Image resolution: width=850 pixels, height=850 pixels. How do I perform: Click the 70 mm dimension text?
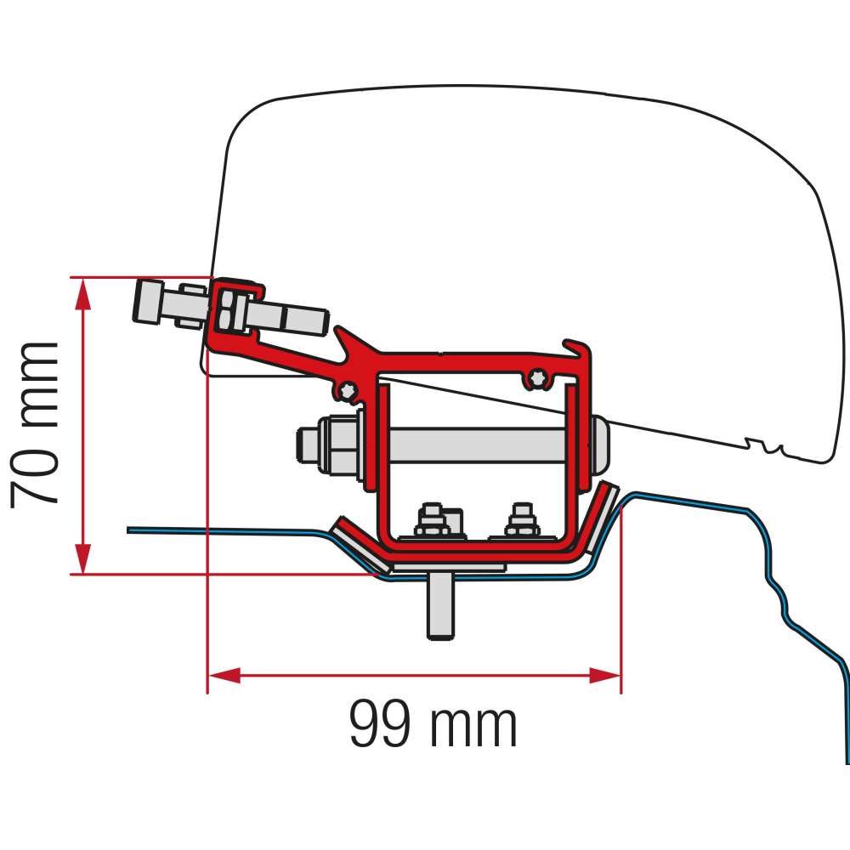tap(36, 424)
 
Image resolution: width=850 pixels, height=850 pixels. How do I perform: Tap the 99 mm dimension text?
tap(433, 725)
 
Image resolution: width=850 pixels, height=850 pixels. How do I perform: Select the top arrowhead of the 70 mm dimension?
tap(82, 292)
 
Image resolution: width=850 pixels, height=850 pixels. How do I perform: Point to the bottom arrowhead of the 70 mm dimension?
tap(82, 558)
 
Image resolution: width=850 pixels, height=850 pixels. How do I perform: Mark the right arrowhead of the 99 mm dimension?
tap(605, 676)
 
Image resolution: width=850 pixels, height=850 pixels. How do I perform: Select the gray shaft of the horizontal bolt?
tap(476, 443)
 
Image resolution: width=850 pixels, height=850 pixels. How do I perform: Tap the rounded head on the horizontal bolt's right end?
tap(600, 443)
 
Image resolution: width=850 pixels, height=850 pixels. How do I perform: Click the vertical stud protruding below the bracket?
tap(439, 605)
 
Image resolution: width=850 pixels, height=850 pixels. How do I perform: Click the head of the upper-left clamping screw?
tap(148, 302)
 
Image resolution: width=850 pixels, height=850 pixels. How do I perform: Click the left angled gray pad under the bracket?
tap(360, 544)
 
